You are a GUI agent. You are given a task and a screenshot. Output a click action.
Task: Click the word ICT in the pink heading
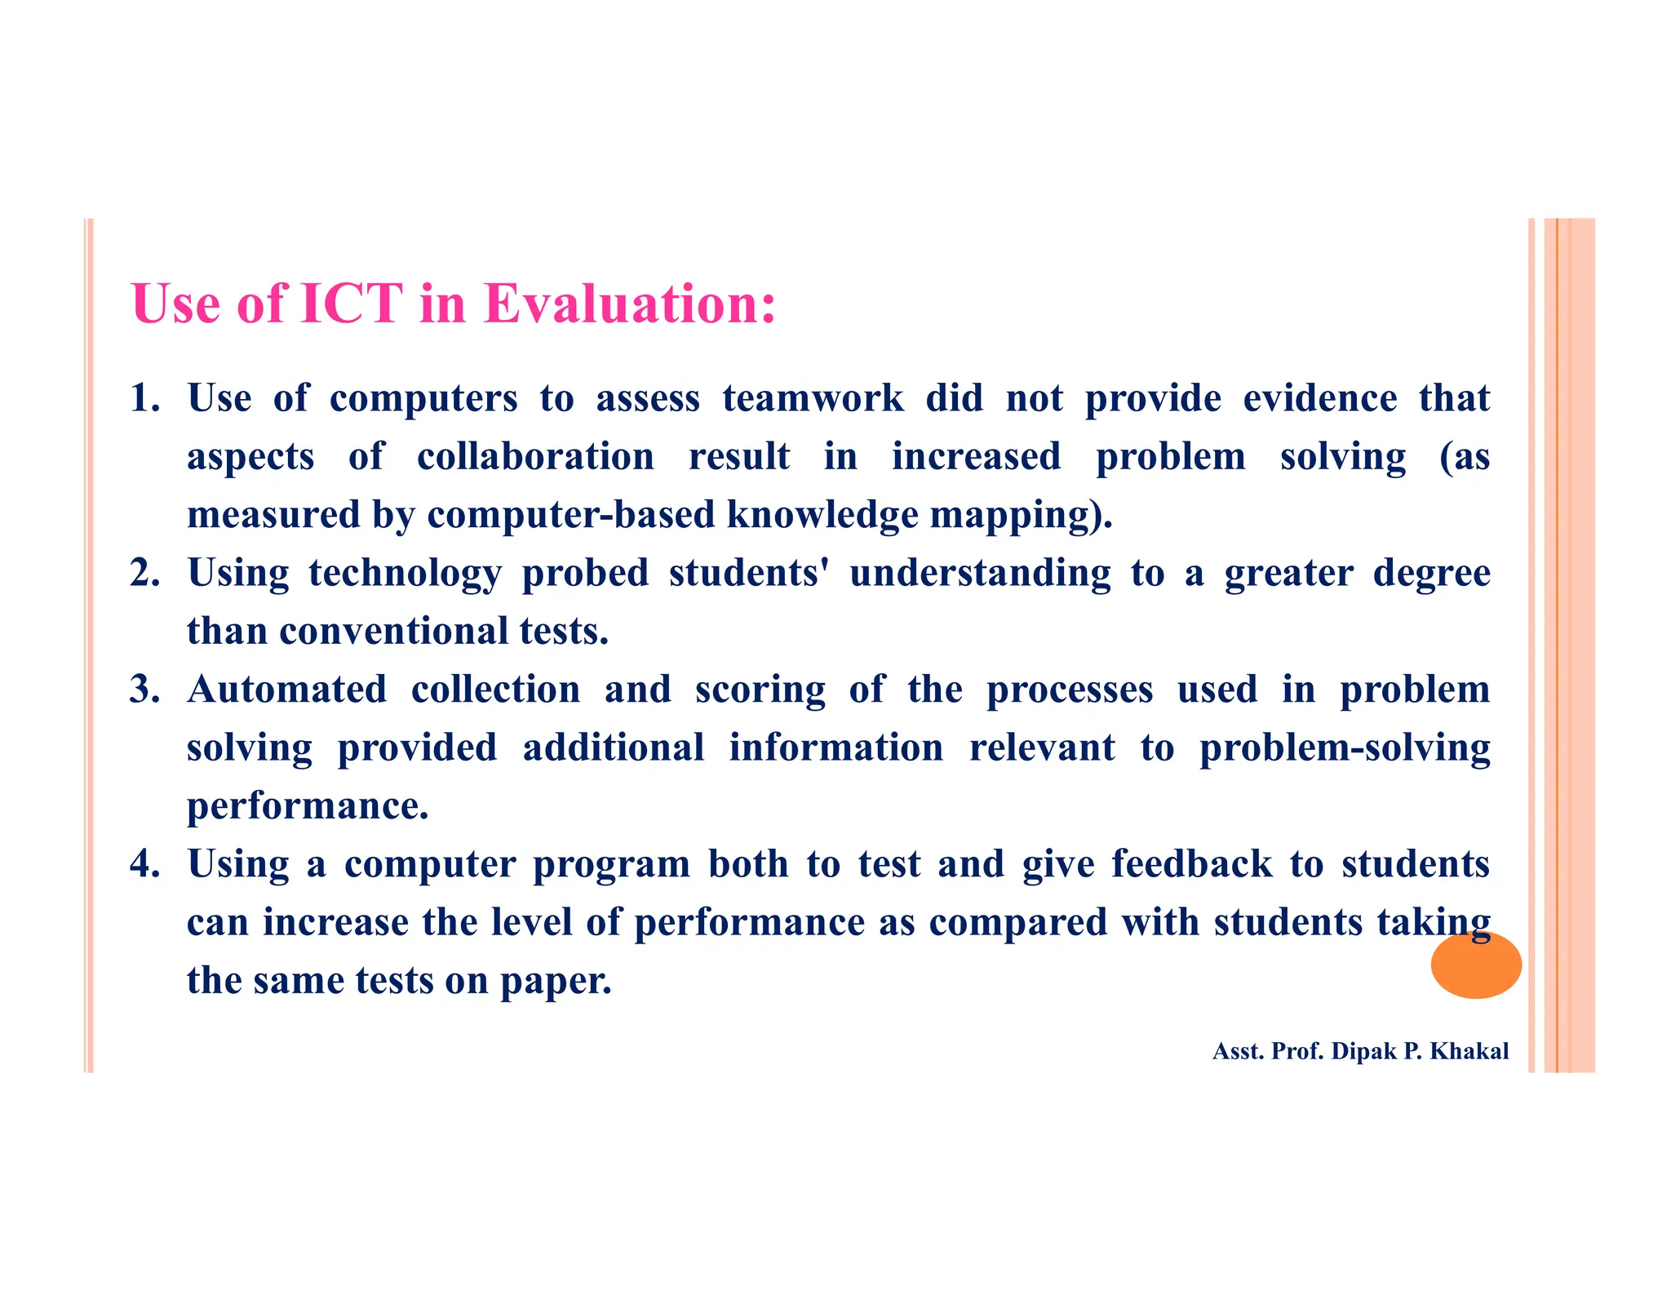pos(352,304)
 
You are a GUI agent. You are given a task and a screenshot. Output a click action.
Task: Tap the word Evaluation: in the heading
pos(629,304)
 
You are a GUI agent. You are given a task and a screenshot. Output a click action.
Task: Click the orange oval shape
pos(1475,965)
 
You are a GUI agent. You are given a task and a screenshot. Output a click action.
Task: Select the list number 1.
pos(144,398)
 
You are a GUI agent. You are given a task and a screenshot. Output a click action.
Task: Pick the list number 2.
pos(144,573)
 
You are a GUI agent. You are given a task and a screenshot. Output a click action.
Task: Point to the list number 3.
pos(144,690)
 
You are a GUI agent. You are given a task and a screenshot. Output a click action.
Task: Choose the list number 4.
pos(144,864)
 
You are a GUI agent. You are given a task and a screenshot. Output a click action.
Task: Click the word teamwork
pos(813,398)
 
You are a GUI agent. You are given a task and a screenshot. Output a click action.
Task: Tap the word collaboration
pos(535,456)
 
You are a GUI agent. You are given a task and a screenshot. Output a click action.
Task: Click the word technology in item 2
pos(405,573)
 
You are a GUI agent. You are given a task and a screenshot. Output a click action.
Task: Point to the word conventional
pos(393,631)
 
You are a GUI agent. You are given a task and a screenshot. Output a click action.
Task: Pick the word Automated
pos(287,690)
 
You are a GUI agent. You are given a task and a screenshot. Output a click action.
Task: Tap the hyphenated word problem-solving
pos(1344,748)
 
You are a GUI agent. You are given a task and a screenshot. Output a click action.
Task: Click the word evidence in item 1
pos(1319,398)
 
